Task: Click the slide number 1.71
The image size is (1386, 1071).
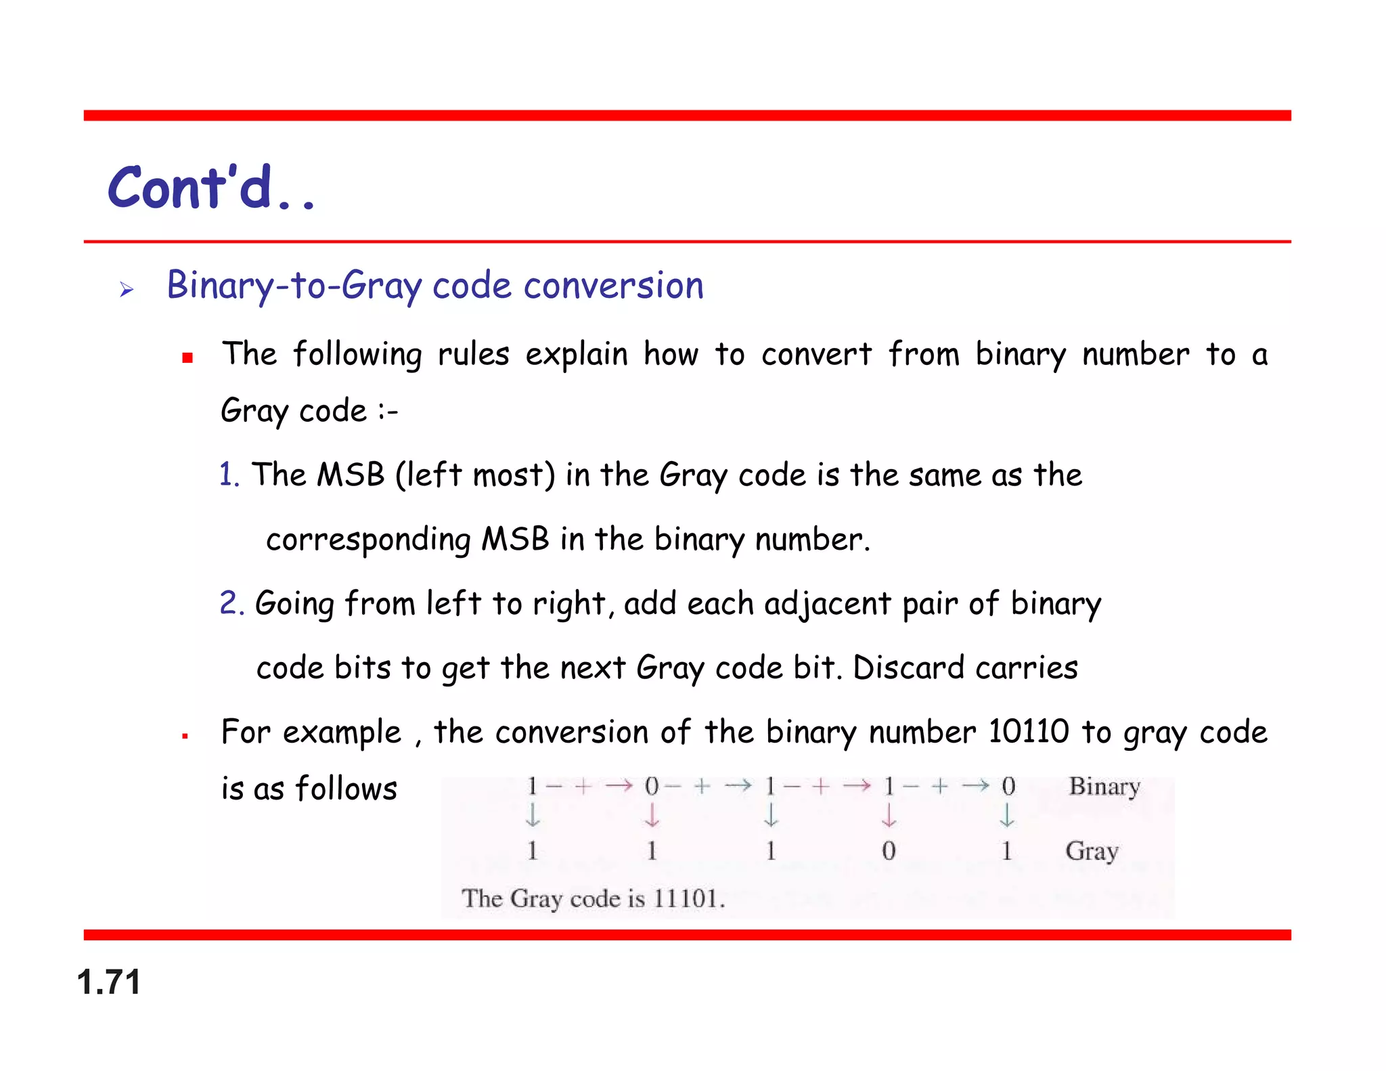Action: click(108, 982)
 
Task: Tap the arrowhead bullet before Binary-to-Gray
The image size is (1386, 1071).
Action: click(127, 290)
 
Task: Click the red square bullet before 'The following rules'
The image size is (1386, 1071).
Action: click(187, 357)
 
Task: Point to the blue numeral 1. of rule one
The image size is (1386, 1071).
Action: click(229, 475)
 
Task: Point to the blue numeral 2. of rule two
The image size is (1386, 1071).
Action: click(231, 603)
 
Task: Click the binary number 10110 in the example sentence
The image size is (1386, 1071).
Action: click(1028, 732)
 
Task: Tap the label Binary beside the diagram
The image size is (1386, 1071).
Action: click(1104, 787)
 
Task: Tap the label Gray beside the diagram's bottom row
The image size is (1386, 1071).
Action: click(1092, 851)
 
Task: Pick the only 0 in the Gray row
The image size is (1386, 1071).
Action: click(889, 851)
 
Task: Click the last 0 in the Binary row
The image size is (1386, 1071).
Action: click(1008, 787)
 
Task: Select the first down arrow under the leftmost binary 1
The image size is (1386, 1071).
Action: click(533, 815)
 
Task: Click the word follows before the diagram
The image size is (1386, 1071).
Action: click(346, 789)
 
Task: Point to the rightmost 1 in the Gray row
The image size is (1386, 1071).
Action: click(1007, 851)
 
